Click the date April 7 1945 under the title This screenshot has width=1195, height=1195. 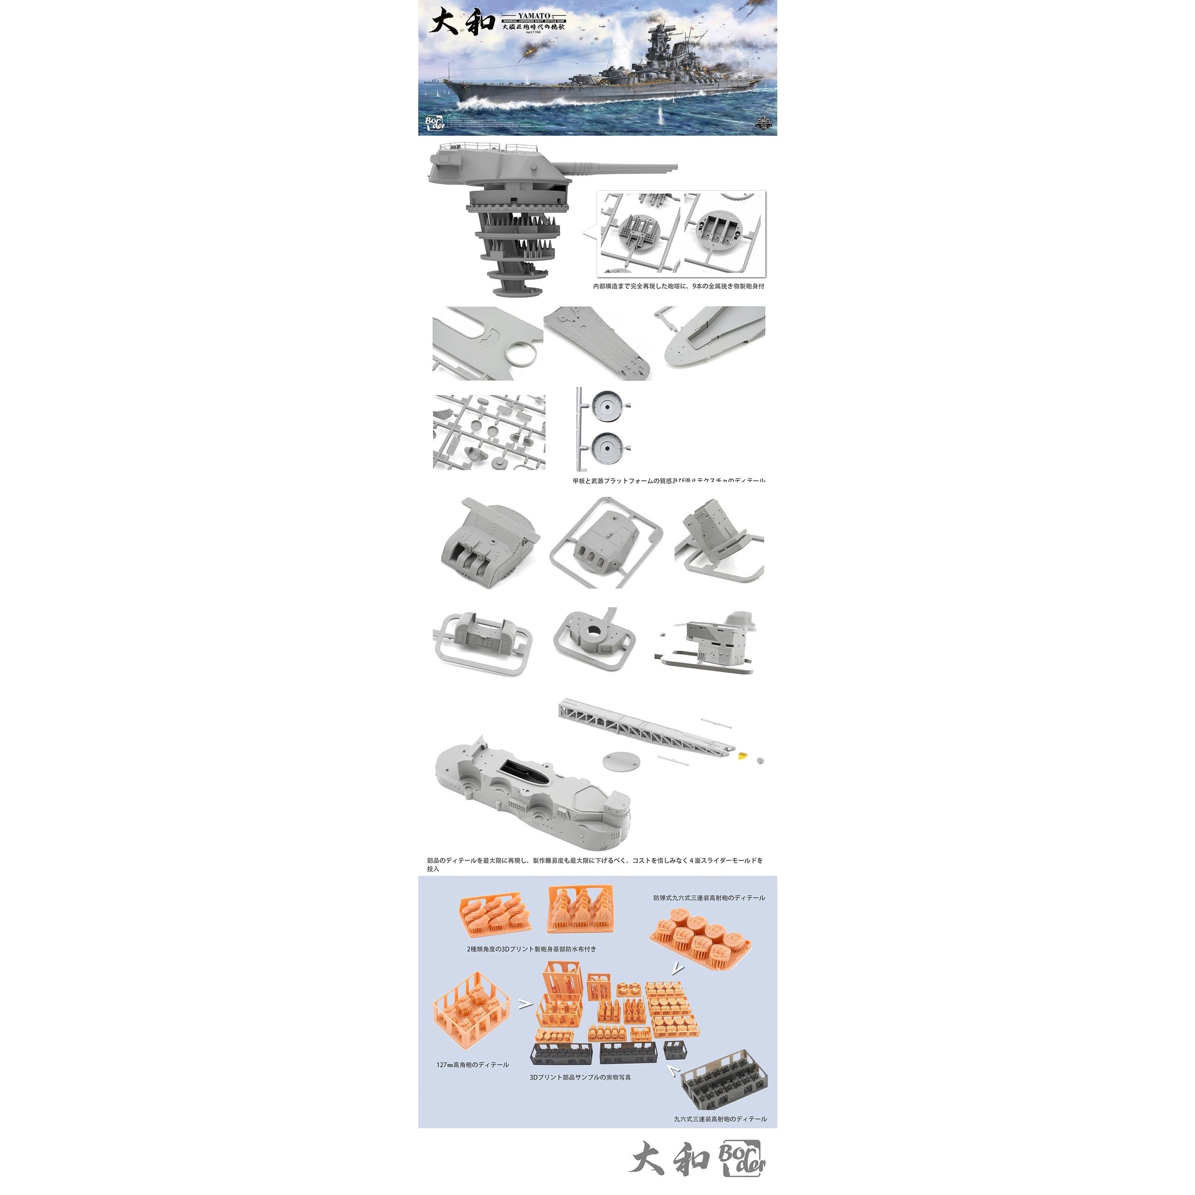pyautogui.click(x=533, y=32)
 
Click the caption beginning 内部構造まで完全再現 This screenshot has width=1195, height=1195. pyautogui.click(x=678, y=286)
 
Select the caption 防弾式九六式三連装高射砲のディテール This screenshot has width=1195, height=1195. pyautogui.click(x=709, y=898)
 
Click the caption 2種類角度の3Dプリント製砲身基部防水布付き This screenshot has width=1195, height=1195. pyautogui.click(x=531, y=949)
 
